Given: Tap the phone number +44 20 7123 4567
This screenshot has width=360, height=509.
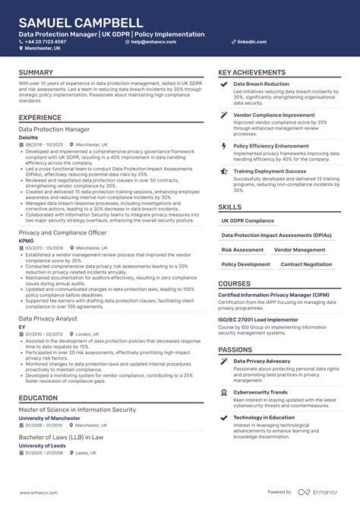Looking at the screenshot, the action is [x=48, y=42].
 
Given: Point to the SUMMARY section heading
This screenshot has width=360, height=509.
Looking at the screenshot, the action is [x=36, y=73].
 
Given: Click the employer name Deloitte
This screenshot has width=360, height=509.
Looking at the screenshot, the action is [x=29, y=138].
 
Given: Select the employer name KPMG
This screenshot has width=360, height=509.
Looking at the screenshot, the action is [x=26, y=240].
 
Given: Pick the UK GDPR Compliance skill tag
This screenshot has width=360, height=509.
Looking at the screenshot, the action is [x=248, y=220].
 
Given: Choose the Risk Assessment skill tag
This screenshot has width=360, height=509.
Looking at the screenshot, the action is [x=242, y=249].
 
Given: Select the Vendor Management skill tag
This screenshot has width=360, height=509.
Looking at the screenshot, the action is [x=299, y=249].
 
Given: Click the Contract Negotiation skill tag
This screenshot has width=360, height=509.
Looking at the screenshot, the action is [x=306, y=264].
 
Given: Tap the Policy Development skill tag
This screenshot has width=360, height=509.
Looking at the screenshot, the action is [x=245, y=264].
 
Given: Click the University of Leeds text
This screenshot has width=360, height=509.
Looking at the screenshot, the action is [x=43, y=444].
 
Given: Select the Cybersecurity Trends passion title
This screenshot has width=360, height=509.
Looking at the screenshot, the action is [x=260, y=392].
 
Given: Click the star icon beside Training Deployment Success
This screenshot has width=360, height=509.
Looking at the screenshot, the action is [x=224, y=172].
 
